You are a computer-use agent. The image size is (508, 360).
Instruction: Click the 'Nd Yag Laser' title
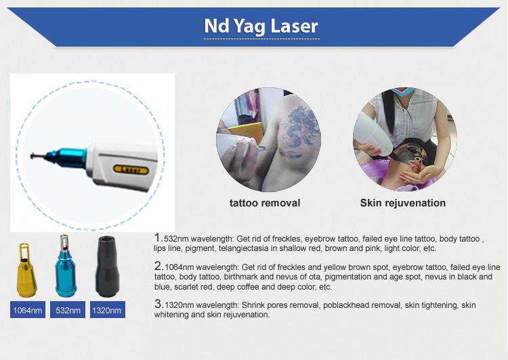point(261,26)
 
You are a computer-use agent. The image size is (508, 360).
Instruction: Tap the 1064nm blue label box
point(28,310)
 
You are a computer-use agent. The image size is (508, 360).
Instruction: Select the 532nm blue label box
point(68,310)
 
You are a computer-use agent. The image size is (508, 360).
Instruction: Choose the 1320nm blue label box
point(108,310)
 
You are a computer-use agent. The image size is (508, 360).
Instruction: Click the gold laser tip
point(26,270)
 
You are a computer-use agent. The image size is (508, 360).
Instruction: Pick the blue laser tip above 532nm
point(66,266)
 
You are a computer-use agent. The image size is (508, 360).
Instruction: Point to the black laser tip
point(107,267)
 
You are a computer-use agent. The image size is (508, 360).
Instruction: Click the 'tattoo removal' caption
point(265,203)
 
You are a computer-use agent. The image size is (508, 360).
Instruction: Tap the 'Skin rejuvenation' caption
point(403,203)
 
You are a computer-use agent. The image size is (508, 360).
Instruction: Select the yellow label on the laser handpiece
point(131,169)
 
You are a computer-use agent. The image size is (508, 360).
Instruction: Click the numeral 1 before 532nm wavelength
point(158,238)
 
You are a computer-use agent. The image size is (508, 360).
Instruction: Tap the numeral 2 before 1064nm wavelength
point(158,266)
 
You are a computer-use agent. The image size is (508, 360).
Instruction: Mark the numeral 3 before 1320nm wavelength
point(158,304)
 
